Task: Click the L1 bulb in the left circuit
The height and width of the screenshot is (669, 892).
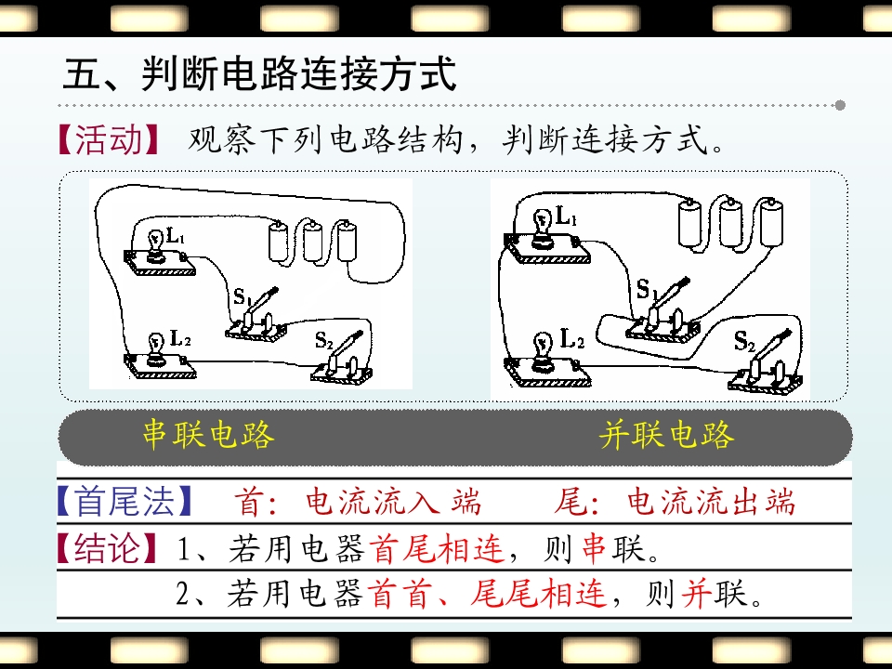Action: coord(155,245)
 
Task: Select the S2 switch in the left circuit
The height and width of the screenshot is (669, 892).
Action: coord(341,359)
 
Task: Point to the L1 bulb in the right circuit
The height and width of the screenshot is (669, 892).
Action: coord(543,229)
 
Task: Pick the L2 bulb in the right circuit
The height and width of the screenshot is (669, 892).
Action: coord(543,350)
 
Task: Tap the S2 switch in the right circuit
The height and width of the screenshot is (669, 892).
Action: coord(765,361)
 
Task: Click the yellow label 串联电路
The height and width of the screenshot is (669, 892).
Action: coord(208,435)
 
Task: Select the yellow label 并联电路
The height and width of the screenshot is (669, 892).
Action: coord(667,435)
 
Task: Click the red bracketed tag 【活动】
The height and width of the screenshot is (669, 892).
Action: coord(108,140)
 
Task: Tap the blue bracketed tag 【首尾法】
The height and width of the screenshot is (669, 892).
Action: coord(125,501)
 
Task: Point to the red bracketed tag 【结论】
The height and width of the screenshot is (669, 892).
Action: coord(107,548)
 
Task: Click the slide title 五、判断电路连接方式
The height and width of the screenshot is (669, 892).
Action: coord(259,74)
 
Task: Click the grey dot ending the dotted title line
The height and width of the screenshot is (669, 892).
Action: coord(840,105)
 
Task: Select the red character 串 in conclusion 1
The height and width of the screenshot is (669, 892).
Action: coord(594,549)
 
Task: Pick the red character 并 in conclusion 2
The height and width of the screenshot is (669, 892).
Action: coord(696,594)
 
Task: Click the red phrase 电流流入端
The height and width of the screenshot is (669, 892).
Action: coord(393,502)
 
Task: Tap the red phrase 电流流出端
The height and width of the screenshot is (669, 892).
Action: coord(711,502)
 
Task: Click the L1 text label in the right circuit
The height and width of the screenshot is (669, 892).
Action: coord(566,216)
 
